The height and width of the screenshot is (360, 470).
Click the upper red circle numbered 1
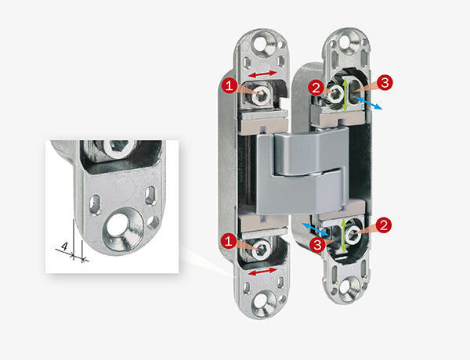pyautogui.click(x=230, y=86)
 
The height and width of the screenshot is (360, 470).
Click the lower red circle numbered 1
pyautogui.click(x=229, y=241)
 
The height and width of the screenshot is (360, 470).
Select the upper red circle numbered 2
pyautogui.click(x=316, y=88)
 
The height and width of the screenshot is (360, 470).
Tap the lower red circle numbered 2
pyautogui.click(x=384, y=225)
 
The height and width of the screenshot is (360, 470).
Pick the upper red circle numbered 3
pyautogui.click(x=385, y=82)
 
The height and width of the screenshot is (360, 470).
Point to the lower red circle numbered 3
pyautogui.click(x=318, y=245)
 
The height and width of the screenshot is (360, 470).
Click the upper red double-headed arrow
pyautogui.click(x=263, y=74)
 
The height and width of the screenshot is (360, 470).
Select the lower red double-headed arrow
pyautogui.click(x=263, y=272)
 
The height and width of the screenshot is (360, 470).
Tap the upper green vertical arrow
pyautogui.click(x=345, y=95)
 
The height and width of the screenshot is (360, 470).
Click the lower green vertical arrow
pyautogui.click(x=344, y=235)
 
